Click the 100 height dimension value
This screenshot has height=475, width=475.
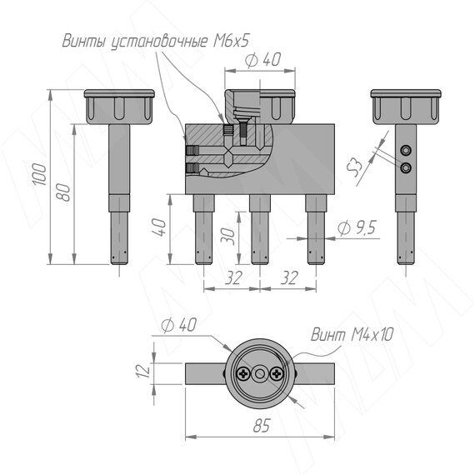(40, 174)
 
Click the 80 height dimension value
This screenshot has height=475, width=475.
(63, 192)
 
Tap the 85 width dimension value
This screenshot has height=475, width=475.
(261, 426)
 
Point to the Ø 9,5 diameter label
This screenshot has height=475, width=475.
(357, 227)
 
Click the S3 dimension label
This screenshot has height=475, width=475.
(355, 167)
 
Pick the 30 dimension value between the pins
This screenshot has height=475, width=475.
(228, 237)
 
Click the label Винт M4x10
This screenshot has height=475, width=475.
(352, 335)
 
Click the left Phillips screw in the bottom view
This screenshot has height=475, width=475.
(243, 374)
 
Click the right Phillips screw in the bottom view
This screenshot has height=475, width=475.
(276, 374)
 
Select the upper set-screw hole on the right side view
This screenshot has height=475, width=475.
(405, 150)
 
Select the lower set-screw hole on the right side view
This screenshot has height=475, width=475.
(405, 167)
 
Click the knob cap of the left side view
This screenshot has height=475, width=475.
(119, 107)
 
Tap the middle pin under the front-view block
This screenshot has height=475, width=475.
(260, 229)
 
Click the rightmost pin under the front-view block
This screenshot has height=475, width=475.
(316, 229)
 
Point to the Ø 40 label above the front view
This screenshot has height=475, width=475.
(263, 60)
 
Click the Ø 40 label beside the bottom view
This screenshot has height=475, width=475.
(178, 325)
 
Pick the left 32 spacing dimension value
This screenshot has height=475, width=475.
(233, 277)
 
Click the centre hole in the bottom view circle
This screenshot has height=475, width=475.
(260, 374)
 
